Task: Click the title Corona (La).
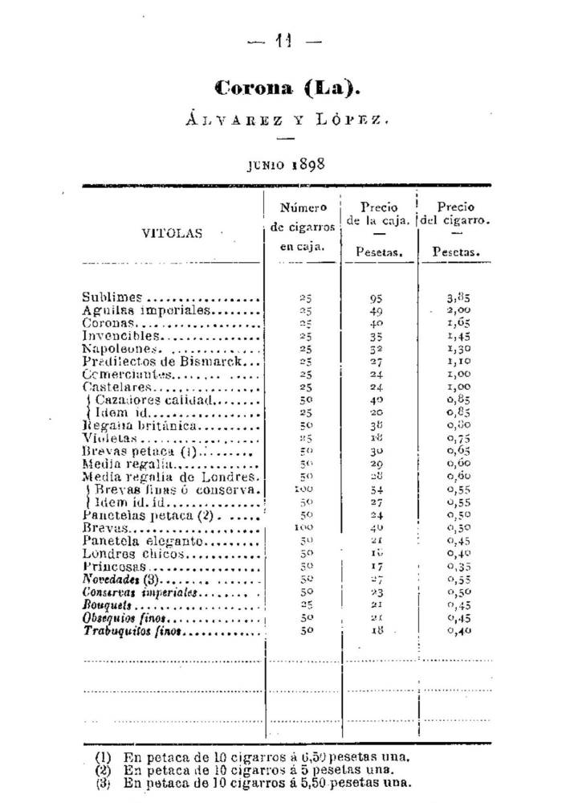(281, 87)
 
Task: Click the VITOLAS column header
(173, 234)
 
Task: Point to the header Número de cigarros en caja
(303, 227)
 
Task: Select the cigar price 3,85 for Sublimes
(458, 297)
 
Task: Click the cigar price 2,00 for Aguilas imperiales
(458, 309)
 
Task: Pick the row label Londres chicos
(129, 554)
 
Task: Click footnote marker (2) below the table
(103, 769)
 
